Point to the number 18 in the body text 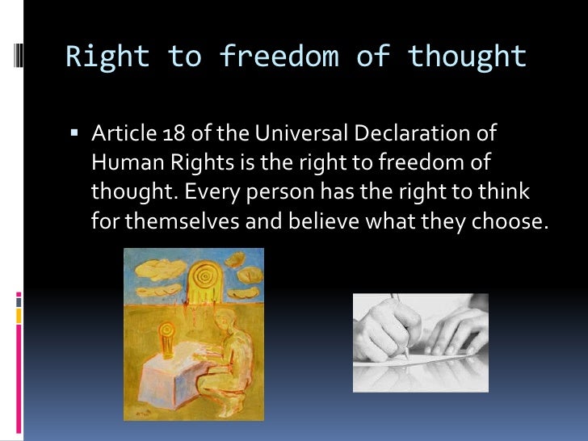160,134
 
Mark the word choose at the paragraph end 508,221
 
